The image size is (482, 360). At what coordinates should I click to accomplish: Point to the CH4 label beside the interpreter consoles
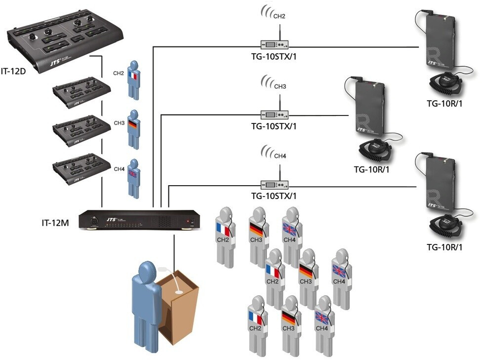tap(119, 169)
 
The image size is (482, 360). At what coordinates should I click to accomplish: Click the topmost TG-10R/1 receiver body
tap(440, 44)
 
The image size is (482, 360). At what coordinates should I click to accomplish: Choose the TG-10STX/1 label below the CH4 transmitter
tap(274, 196)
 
